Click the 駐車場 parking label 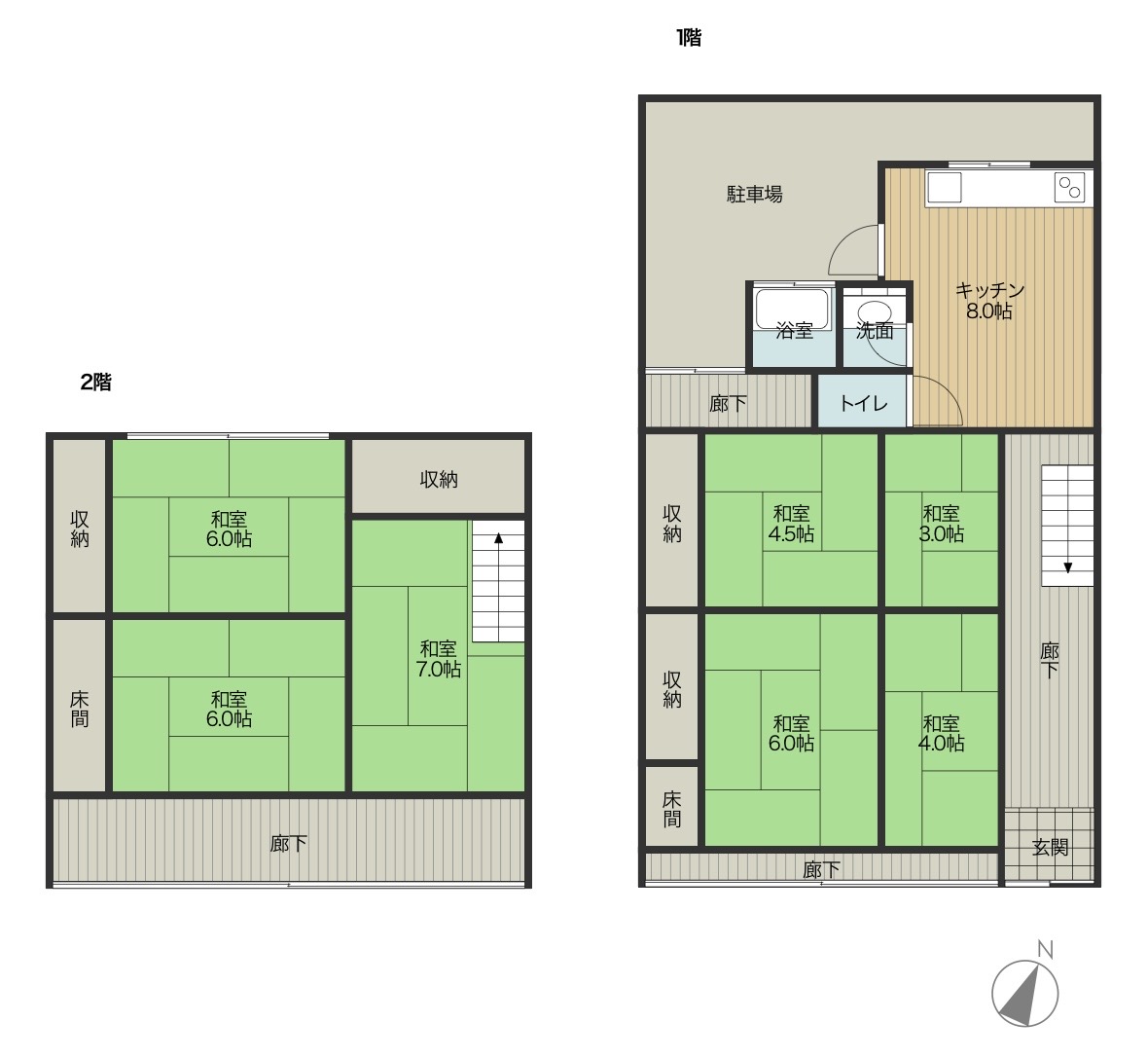[754, 194]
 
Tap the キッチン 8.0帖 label [989, 300]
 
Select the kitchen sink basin [944, 188]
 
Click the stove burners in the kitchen [1069, 188]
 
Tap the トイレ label [863, 403]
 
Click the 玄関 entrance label [1050, 848]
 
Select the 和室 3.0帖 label [942, 524]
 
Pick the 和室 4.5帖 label [791, 524]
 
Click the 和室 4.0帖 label [942, 733]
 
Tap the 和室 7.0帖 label [438, 659]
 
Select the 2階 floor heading [96, 382]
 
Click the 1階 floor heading [689, 37]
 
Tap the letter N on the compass [1045, 949]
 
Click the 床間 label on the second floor [79, 709]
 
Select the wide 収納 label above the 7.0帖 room [438, 479]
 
